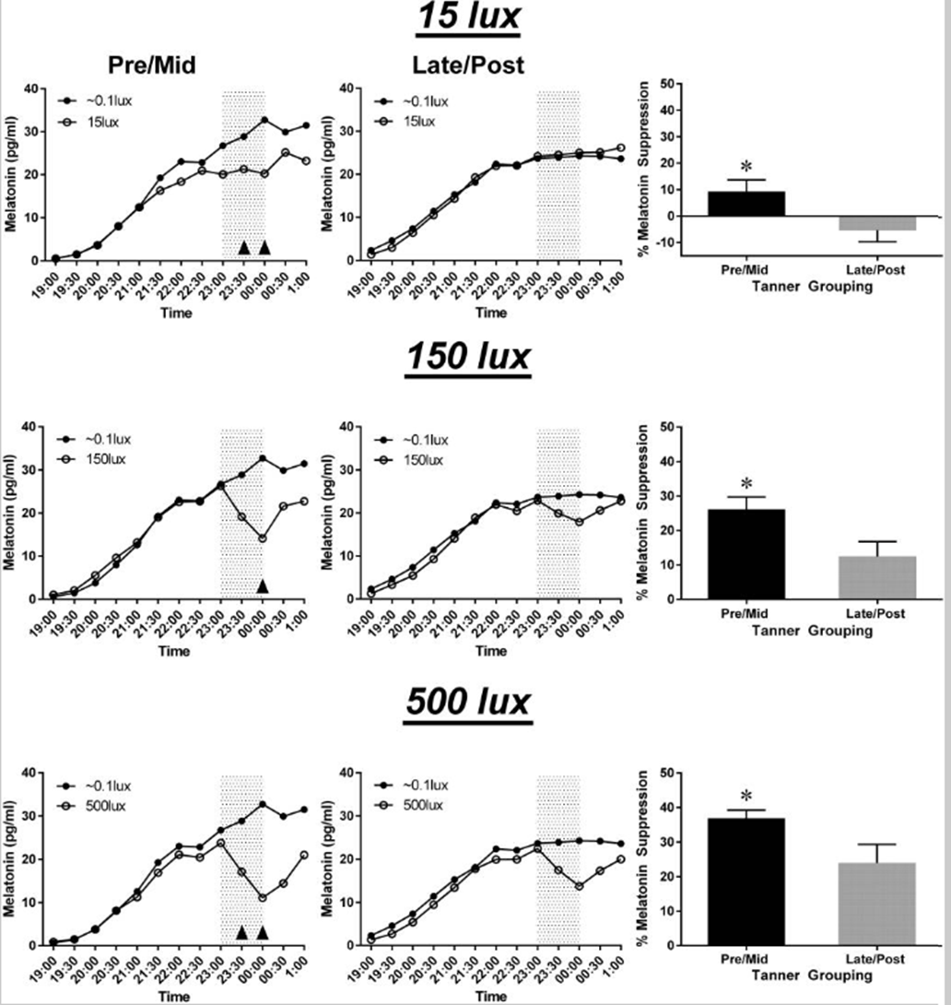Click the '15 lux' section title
coord(468,18)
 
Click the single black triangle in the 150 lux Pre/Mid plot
coord(263,585)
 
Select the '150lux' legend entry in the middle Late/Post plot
coord(422,460)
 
